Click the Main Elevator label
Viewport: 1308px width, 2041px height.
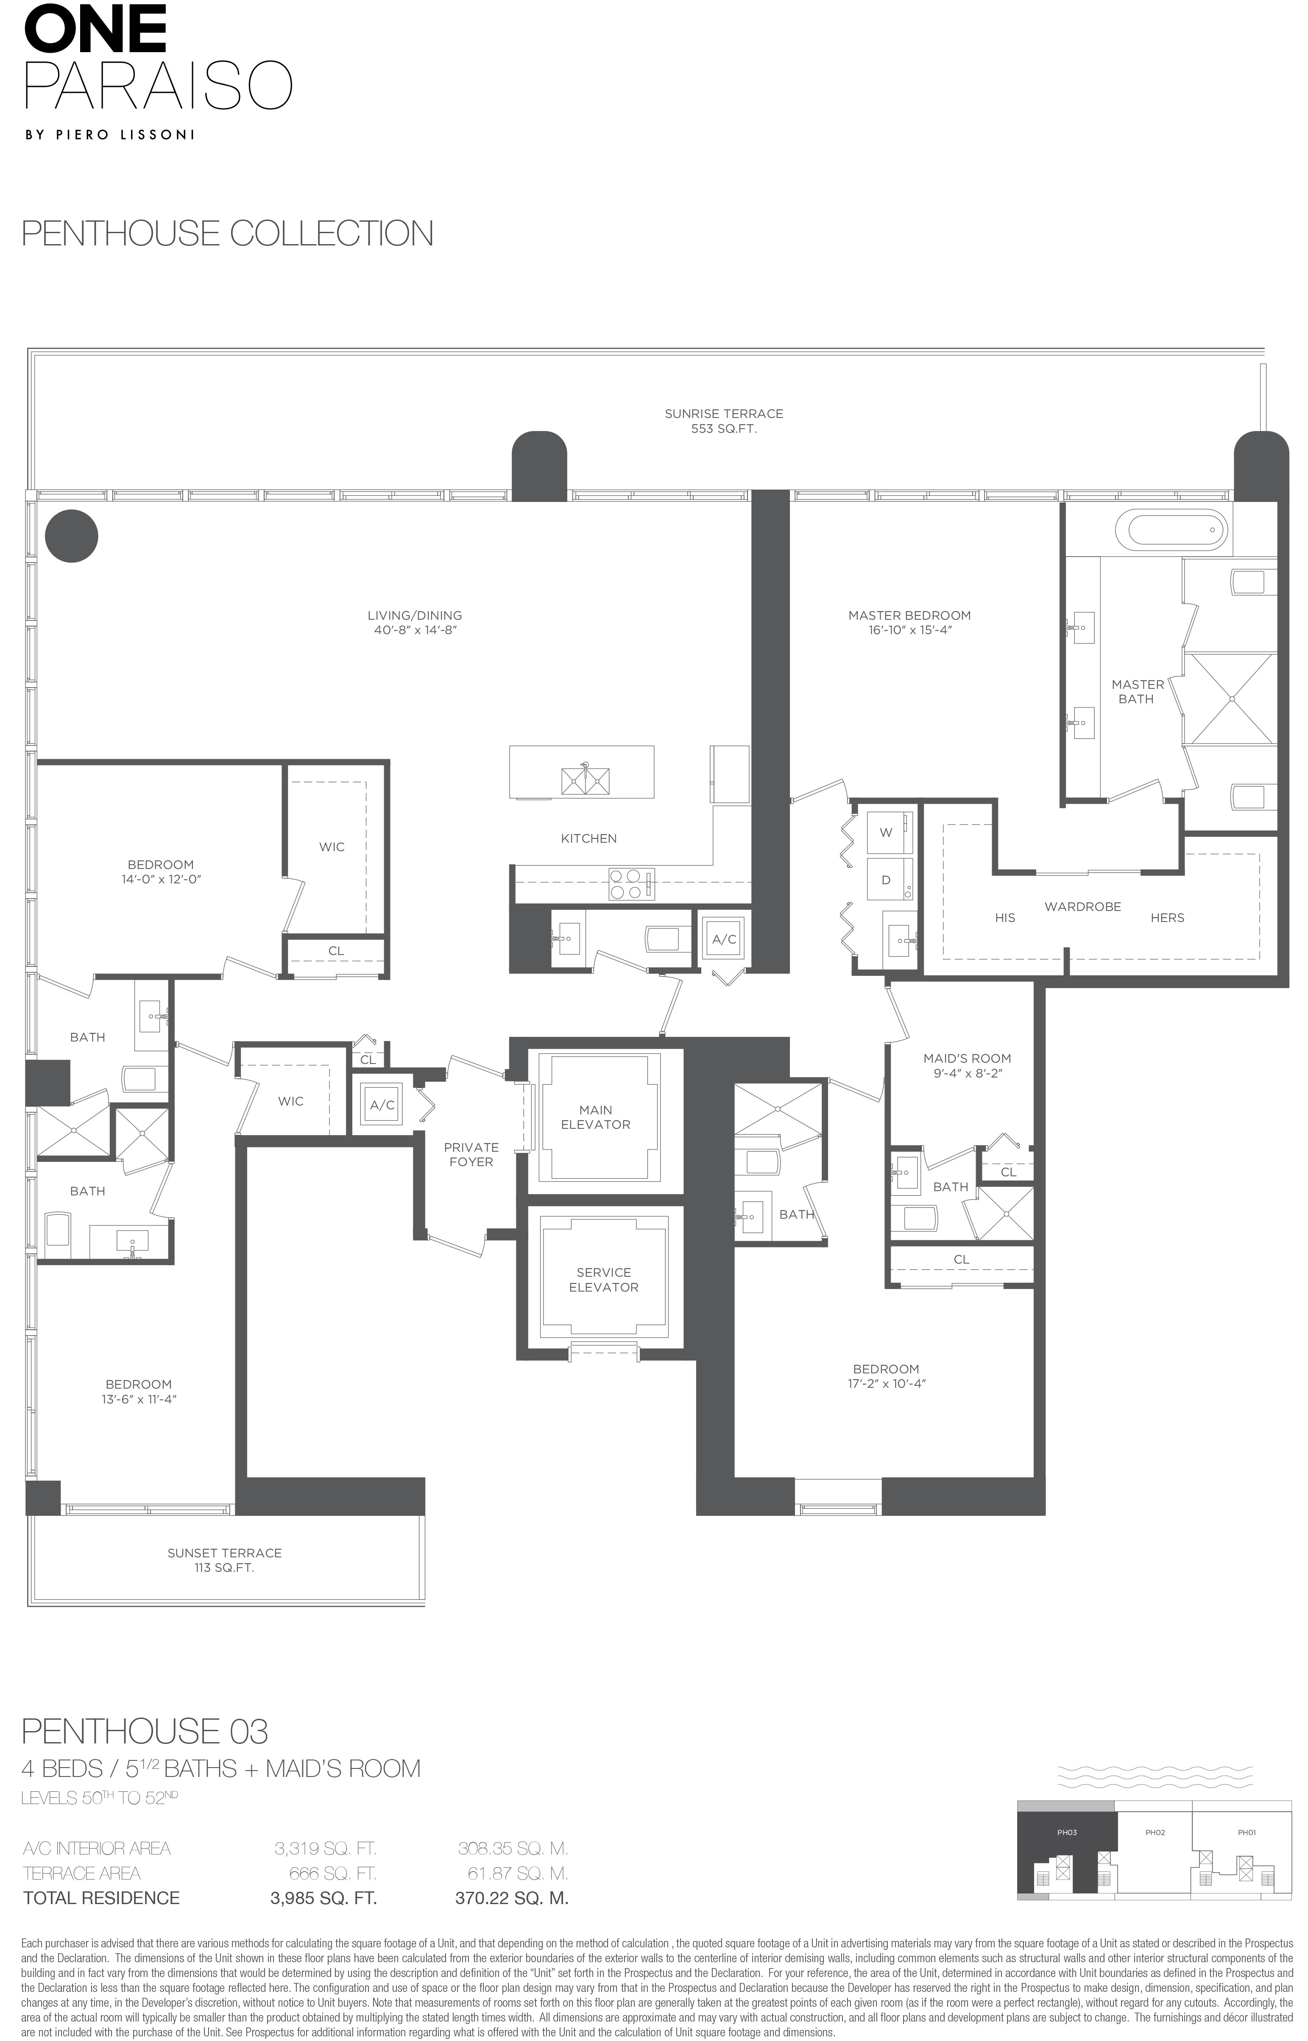click(x=595, y=1117)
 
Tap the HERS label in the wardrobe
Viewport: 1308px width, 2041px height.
click(x=1167, y=918)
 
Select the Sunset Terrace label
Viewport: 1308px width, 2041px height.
click(x=224, y=1553)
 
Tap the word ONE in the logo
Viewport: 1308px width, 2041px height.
click(x=94, y=28)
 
